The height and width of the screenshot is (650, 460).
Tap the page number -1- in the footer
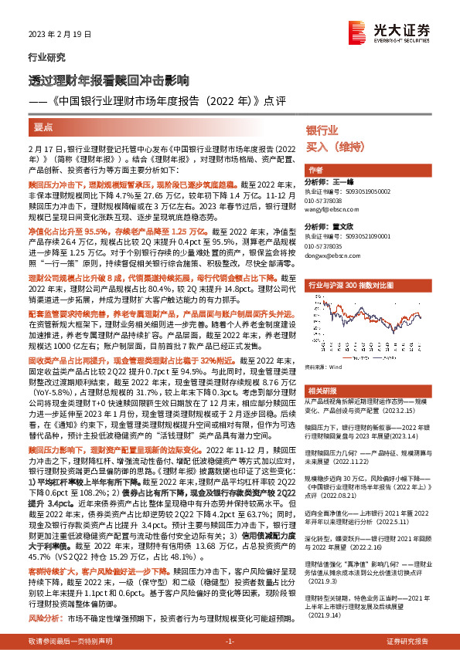coord(230,642)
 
